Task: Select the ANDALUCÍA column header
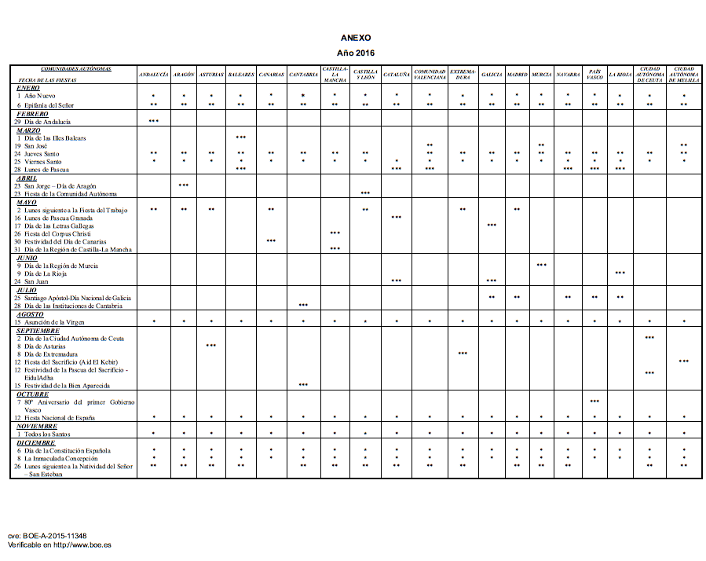154,75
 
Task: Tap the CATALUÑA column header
396,75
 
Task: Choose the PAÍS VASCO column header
594,75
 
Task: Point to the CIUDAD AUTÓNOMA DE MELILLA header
683,75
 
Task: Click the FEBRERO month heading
32,114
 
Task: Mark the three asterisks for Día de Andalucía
154,122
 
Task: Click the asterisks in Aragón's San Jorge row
184,185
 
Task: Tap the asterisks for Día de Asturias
211,346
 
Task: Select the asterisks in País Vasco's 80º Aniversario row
594,401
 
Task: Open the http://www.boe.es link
82,544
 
